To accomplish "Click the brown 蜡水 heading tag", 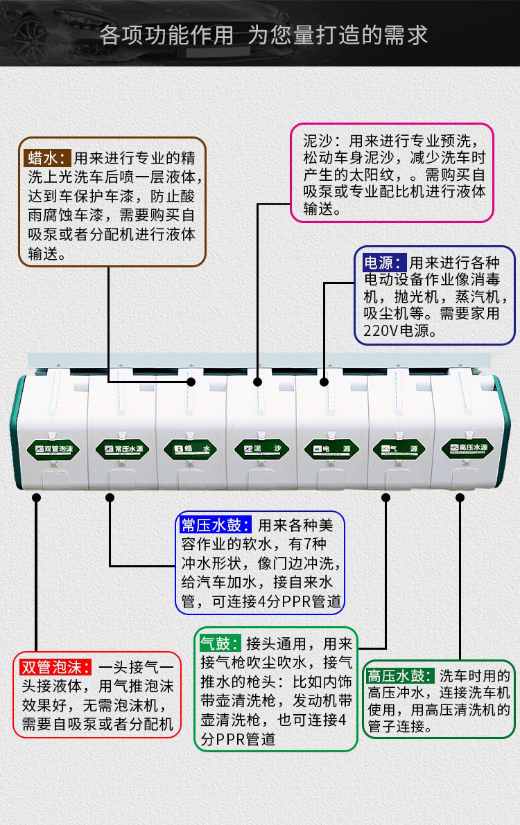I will pos(46,157).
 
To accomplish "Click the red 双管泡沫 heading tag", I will pos(55,668).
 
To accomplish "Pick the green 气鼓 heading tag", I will pos(220,643).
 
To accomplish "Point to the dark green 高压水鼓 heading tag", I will pos(400,675).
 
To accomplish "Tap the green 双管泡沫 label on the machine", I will pos(55,449).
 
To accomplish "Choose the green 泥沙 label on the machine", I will pos(261,449).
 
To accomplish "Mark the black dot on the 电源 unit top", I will pos(324,382).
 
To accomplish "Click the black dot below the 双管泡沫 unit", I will pos(36,497).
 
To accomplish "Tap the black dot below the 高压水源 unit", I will pos(460,497).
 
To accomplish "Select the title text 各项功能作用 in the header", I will pos(166,35).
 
